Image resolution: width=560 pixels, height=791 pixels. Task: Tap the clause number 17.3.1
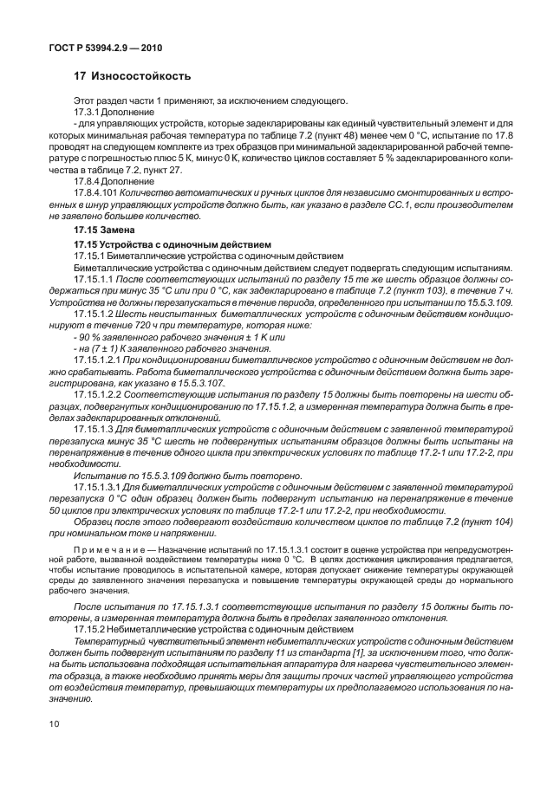88,113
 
